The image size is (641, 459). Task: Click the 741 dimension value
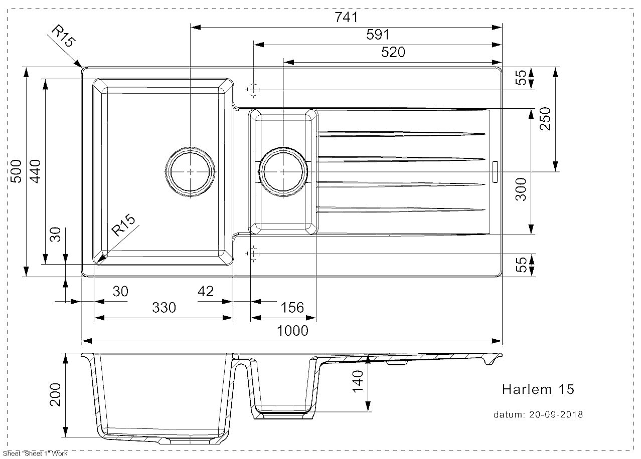[x=346, y=18]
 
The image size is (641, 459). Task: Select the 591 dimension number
[x=378, y=35]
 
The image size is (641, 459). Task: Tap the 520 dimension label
[x=393, y=52]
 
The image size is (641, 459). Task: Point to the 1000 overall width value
[x=292, y=331]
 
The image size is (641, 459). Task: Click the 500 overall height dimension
[x=16, y=171]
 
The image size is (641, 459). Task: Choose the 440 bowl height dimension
[x=35, y=171]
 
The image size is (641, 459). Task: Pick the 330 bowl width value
[x=164, y=308]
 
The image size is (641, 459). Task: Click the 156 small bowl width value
[x=292, y=308]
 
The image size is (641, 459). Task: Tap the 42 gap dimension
[x=206, y=292]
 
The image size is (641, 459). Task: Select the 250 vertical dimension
[x=545, y=119]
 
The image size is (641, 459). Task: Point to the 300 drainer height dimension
[x=521, y=189]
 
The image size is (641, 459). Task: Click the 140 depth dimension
[x=358, y=381]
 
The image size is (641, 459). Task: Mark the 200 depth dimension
[x=55, y=394]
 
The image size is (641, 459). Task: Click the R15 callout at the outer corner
[x=64, y=36]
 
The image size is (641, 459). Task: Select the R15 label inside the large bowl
[x=123, y=225]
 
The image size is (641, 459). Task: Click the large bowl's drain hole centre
[x=190, y=171]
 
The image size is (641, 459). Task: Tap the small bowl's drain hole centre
[x=283, y=171]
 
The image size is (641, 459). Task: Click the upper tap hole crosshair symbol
[x=253, y=90]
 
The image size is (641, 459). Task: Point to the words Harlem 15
[x=538, y=389]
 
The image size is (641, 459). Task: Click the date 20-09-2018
[x=556, y=414]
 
